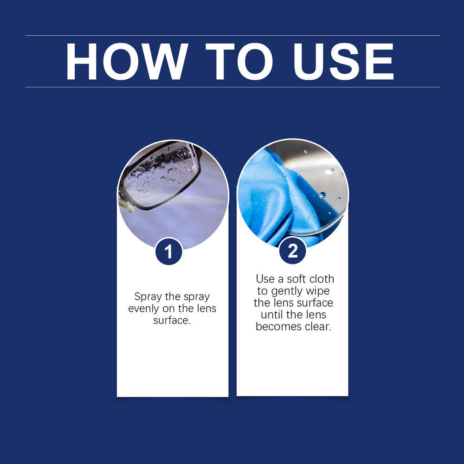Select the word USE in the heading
click(343, 62)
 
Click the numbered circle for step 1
click(168, 251)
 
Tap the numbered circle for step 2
click(293, 251)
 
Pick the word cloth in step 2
click(322, 279)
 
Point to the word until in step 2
click(272, 315)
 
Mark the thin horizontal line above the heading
click(232, 35)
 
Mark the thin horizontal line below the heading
click(232, 87)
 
